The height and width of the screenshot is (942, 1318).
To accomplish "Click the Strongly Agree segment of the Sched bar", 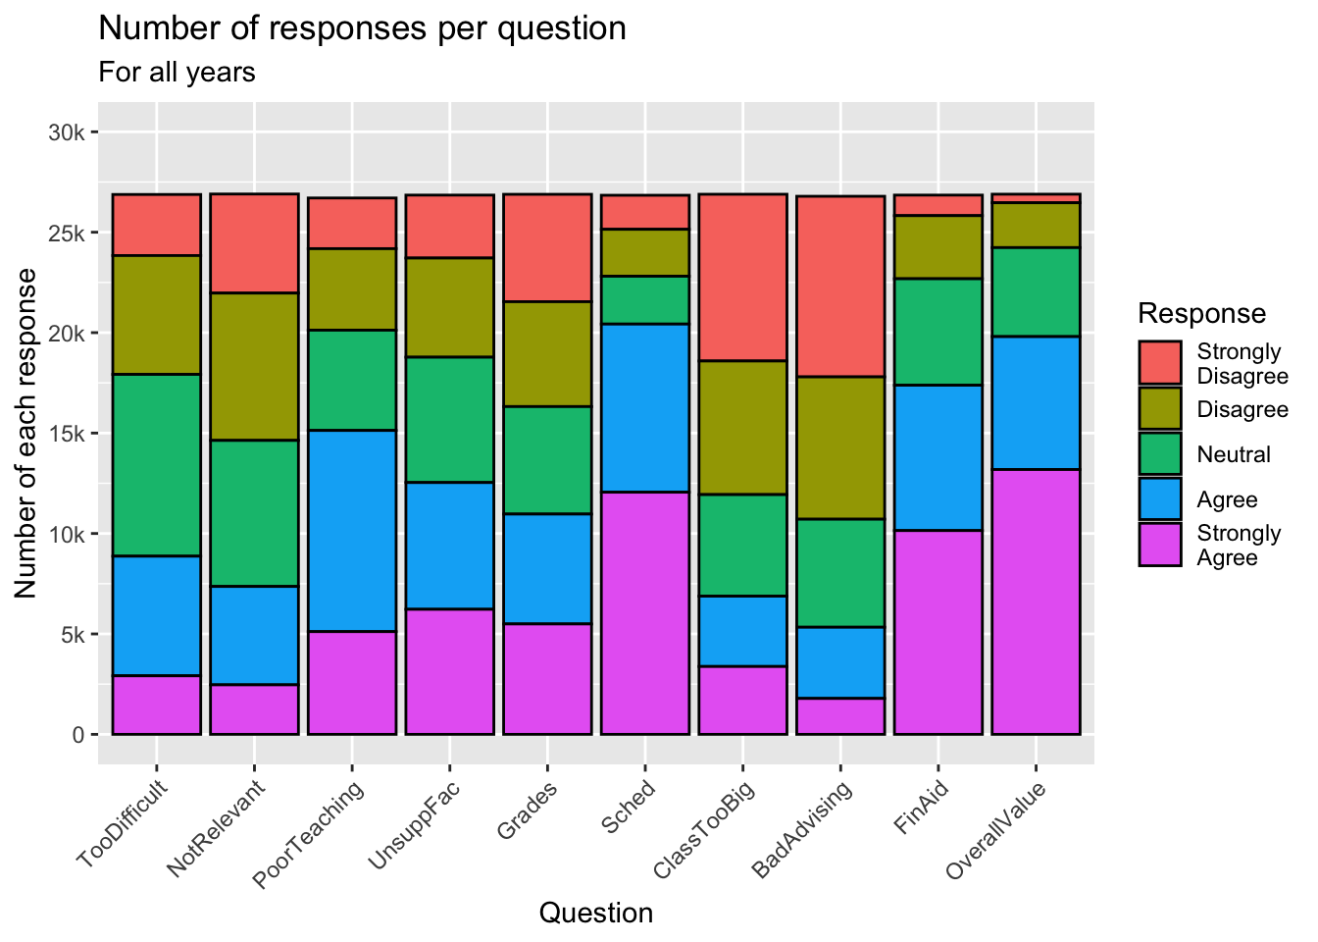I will pos(644,612).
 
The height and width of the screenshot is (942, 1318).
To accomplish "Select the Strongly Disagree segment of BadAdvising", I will pos(840,287).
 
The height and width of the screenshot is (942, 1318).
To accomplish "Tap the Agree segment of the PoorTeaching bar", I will pos(351,530).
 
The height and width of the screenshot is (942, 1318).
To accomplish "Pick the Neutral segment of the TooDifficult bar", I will pos(156,465).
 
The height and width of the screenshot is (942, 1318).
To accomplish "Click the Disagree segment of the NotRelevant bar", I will pos(254,366).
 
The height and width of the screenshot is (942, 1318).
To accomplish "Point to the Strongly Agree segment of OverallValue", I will pos(1036,602).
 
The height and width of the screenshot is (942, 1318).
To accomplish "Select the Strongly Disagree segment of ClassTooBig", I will pos(742,278).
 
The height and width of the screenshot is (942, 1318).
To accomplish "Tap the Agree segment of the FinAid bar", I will pos(938,457).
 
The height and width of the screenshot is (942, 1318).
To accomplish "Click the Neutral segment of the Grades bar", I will pos(547,459).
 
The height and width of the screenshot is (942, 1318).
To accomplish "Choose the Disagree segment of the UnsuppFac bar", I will pos(449,307).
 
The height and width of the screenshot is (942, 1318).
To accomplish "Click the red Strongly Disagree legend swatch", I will pos(1160,363).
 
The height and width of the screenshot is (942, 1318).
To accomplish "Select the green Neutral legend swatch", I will pos(1160,454).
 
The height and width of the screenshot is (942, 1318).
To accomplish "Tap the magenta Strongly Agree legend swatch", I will pos(1160,545).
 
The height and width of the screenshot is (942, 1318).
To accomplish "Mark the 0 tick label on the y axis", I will pos(79,734).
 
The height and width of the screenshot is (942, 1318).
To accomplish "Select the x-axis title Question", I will pos(596,914).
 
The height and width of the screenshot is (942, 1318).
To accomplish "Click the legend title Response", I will pos(1201,314).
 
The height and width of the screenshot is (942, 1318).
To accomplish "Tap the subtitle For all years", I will pos(177,73).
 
